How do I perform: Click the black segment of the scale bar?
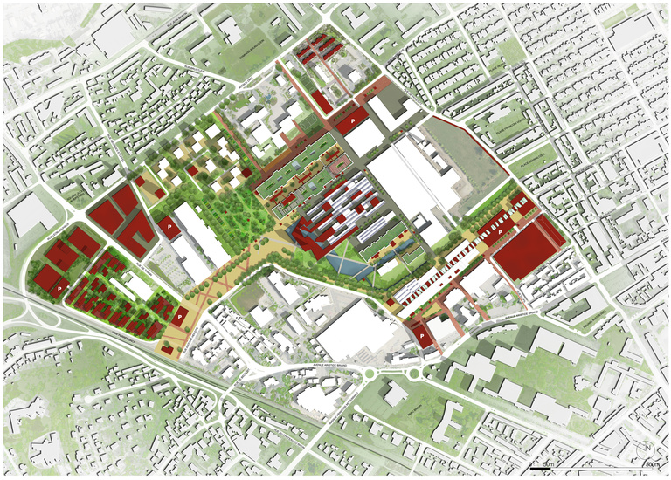coord(541,469)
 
